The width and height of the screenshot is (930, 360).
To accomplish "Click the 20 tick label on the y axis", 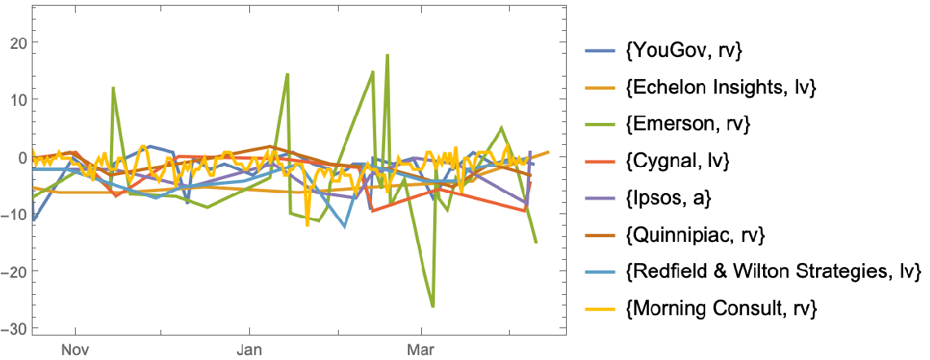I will click(17, 42).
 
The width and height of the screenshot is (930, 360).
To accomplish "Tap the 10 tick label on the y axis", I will click(17, 99).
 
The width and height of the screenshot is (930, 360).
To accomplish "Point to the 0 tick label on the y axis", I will click(21, 156).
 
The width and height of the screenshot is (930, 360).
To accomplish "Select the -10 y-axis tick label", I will click(14, 213).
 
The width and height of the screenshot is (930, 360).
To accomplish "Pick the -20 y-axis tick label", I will click(14, 270).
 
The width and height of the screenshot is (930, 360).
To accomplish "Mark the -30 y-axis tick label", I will click(14, 327).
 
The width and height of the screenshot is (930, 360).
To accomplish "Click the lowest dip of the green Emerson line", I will click(432, 306).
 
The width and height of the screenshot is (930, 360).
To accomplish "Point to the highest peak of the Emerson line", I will click(388, 55).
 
